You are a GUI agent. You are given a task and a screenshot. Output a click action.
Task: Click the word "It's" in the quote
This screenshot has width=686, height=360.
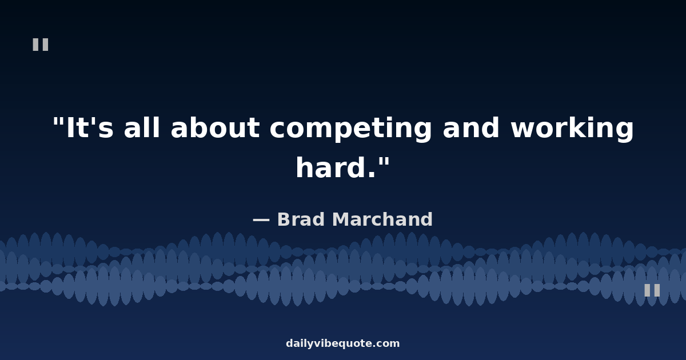90,127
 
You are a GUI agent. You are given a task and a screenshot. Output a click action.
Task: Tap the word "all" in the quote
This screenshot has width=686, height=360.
142,127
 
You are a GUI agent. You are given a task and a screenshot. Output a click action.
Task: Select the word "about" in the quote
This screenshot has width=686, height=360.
215,127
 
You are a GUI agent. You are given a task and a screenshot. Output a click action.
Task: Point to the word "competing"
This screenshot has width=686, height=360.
350,129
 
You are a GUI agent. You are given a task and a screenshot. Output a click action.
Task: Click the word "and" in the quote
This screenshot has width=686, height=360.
471,127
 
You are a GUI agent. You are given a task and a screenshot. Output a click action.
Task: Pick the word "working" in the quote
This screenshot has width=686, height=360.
572,129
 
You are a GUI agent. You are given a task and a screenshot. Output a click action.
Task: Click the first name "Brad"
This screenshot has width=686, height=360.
301,219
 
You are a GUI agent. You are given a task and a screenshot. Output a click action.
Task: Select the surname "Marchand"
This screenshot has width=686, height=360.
382,219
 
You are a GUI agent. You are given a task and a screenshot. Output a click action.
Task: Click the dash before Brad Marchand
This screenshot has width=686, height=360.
261,220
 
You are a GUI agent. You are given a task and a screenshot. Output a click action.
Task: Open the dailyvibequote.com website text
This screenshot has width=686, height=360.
342,343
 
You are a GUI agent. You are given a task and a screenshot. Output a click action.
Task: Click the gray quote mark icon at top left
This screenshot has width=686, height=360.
41,45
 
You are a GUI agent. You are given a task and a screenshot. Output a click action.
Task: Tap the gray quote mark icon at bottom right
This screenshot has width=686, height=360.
652,290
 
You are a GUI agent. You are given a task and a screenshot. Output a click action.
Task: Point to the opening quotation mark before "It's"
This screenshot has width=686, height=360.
58,122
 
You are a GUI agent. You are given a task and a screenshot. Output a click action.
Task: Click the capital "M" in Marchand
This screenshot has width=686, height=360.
342,219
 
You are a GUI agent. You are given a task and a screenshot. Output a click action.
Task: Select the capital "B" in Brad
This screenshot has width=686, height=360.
284,219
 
